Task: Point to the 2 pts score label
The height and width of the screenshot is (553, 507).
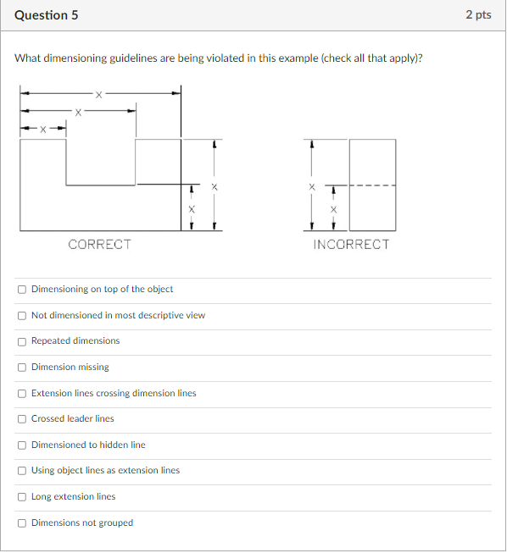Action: click(478, 15)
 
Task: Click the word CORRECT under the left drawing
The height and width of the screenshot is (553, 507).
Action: click(99, 245)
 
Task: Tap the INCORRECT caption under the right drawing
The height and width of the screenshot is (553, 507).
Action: click(351, 245)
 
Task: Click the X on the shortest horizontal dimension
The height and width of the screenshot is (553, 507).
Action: click(44, 130)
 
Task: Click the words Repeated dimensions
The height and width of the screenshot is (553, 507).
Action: click(75, 341)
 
